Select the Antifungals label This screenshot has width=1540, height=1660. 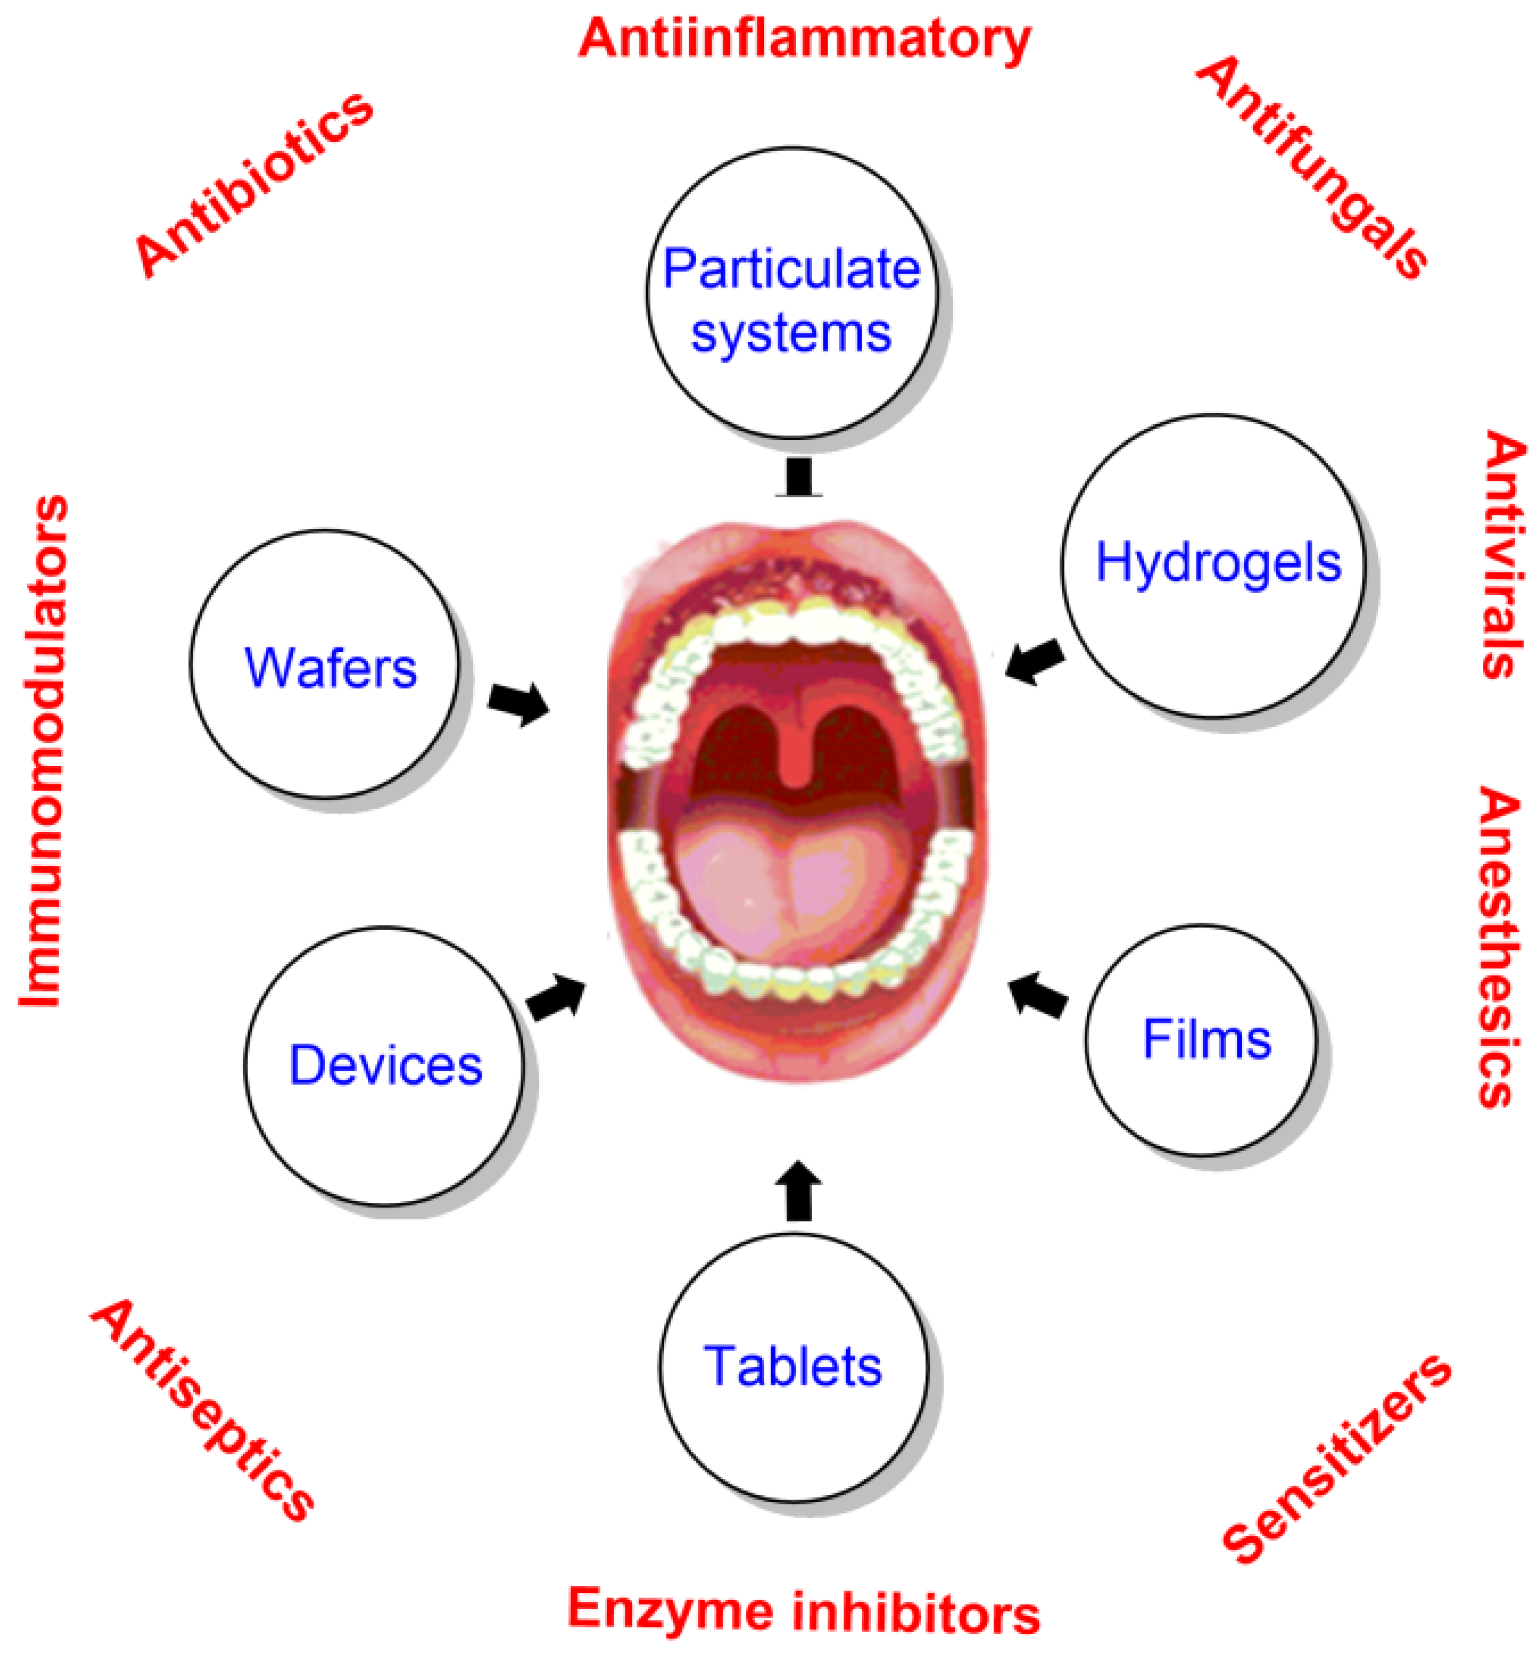click(1312, 167)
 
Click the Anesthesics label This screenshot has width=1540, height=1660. click(1500, 946)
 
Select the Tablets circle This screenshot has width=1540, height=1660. click(793, 1367)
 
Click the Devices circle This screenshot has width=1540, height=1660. click(385, 1066)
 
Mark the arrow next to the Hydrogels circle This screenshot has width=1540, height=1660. click(1035, 661)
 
